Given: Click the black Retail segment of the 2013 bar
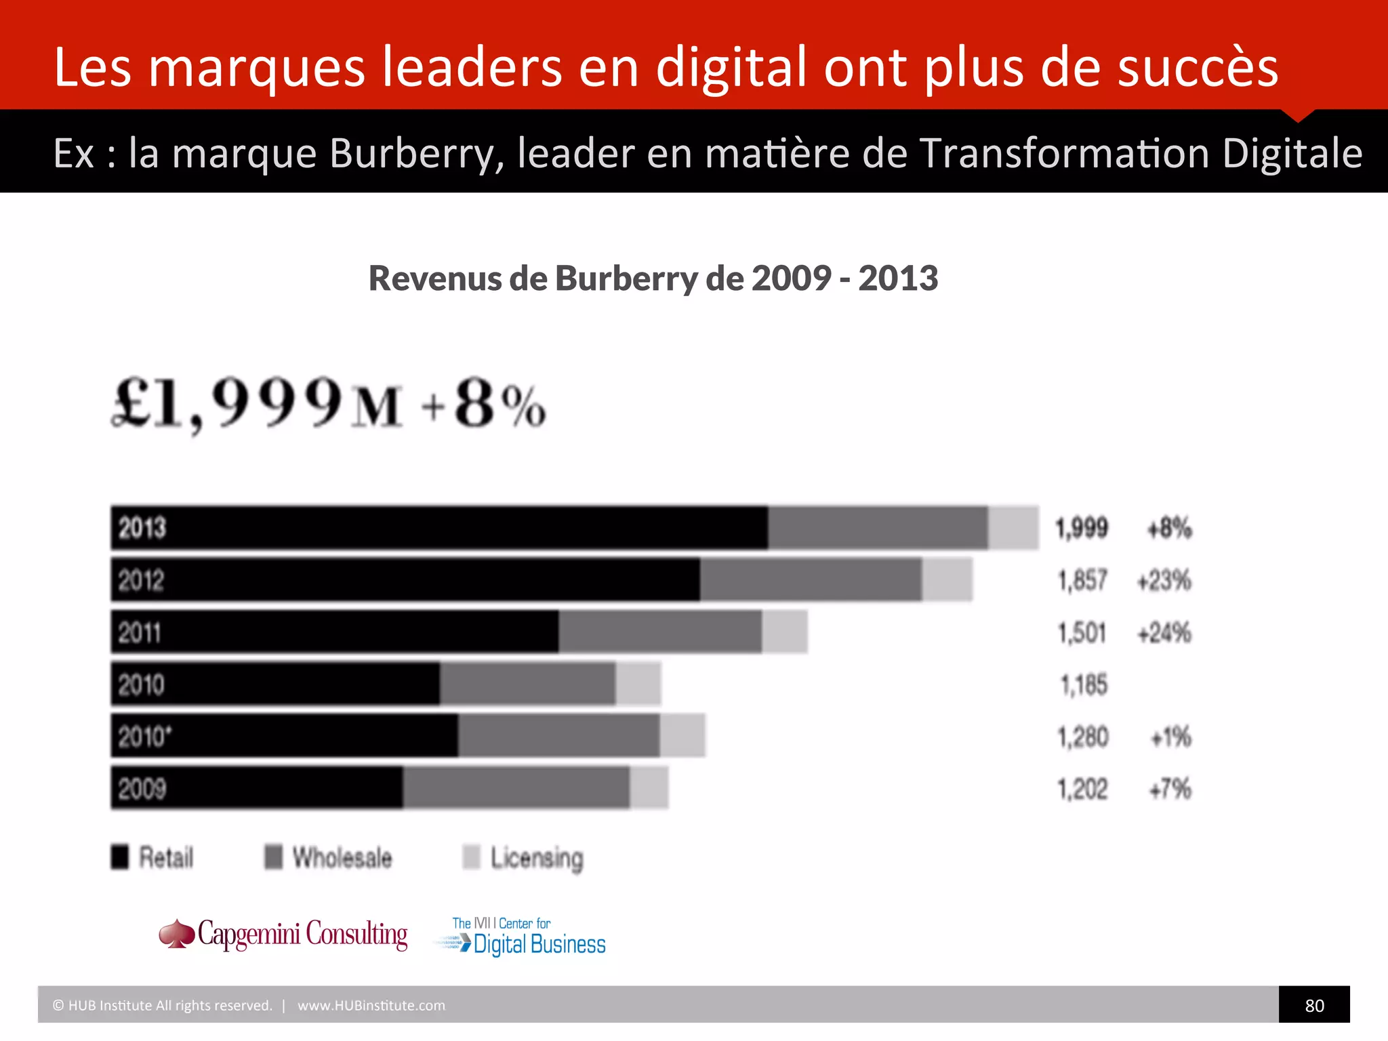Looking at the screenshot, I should coord(441,527).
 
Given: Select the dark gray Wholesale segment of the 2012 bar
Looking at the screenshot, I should coord(811,579).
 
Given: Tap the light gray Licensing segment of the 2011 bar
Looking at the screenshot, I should coord(784,632).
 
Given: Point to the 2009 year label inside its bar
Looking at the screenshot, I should coord(142,788).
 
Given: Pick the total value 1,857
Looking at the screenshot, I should coord(1082,580).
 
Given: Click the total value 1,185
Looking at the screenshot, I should coord(1084,685).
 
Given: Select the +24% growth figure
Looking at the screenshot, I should coord(1164,632).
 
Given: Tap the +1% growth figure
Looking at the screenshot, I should coord(1170,737).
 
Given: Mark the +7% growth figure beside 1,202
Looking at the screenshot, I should coord(1170,789).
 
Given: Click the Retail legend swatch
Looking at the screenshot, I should coord(120,857).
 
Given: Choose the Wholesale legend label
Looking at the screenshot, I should coord(342,857).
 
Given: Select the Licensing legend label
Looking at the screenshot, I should coord(536,858).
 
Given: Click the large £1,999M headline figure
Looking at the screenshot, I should coord(258,404).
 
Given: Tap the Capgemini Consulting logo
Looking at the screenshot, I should coord(283,935).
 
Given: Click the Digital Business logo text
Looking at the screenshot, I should coord(539,944).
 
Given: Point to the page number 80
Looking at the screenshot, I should coord(1314,1005).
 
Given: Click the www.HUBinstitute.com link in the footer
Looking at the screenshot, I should coord(371,1005).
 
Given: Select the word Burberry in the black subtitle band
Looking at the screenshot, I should coord(416,153).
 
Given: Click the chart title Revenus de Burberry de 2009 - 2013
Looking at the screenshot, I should coord(653,278).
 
